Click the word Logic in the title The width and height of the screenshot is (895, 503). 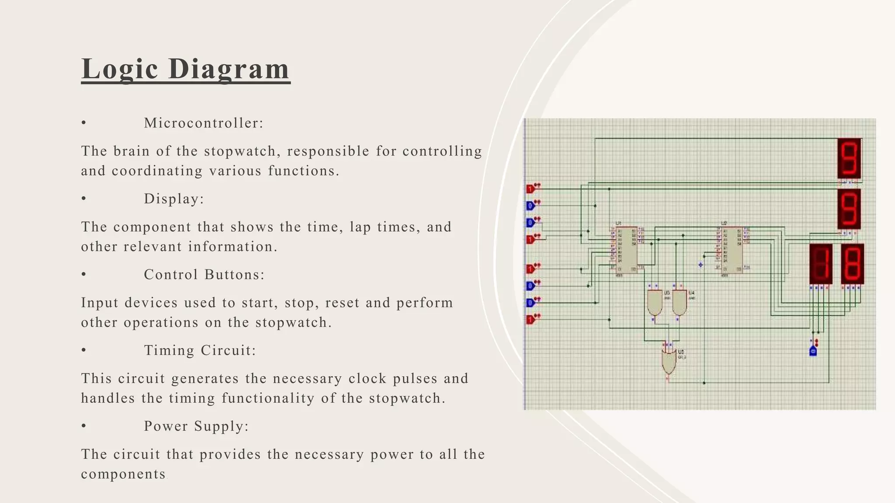[x=119, y=69]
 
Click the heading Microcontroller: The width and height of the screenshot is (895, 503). [x=204, y=123]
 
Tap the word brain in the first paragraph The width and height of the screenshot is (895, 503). [x=132, y=151]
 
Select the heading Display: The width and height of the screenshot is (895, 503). [x=174, y=199]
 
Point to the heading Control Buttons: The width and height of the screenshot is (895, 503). [x=204, y=275]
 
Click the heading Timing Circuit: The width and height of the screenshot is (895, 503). [x=200, y=351]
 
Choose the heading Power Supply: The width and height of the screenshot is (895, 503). [x=196, y=426]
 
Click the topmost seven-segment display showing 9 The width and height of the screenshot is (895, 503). [x=849, y=158]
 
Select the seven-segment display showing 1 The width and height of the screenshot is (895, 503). [x=820, y=264]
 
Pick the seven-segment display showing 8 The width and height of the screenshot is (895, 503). [x=852, y=264]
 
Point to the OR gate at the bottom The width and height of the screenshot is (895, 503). [x=668, y=361]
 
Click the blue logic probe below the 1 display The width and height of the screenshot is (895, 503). [x=813, y=351]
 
